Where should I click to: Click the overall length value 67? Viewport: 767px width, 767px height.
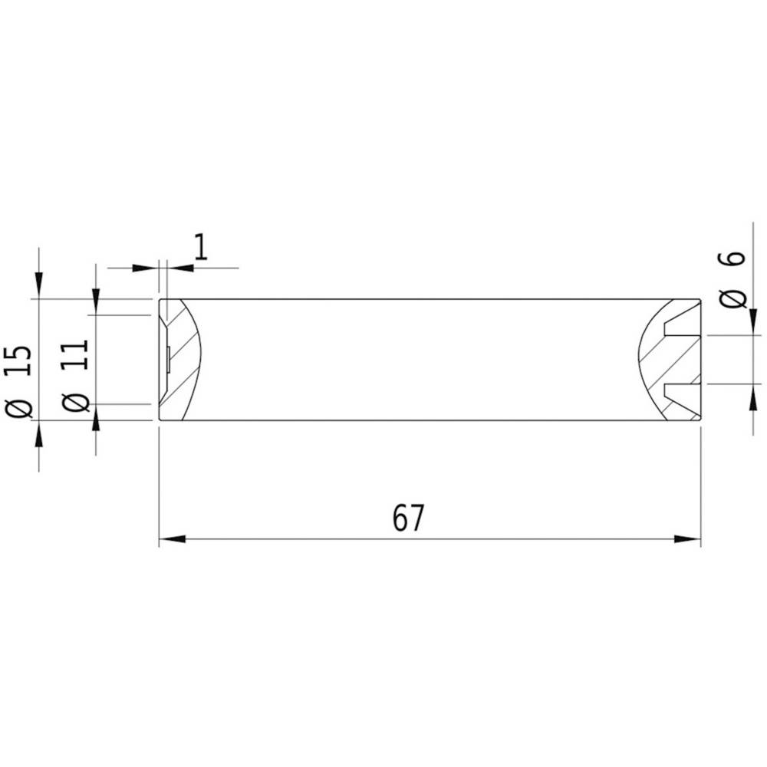408,519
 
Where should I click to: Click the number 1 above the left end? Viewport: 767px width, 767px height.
200,249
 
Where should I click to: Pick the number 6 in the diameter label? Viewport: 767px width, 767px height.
734,258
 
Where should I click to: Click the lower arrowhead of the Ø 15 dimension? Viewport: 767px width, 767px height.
39,430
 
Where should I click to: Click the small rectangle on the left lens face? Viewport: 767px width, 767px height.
166,359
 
